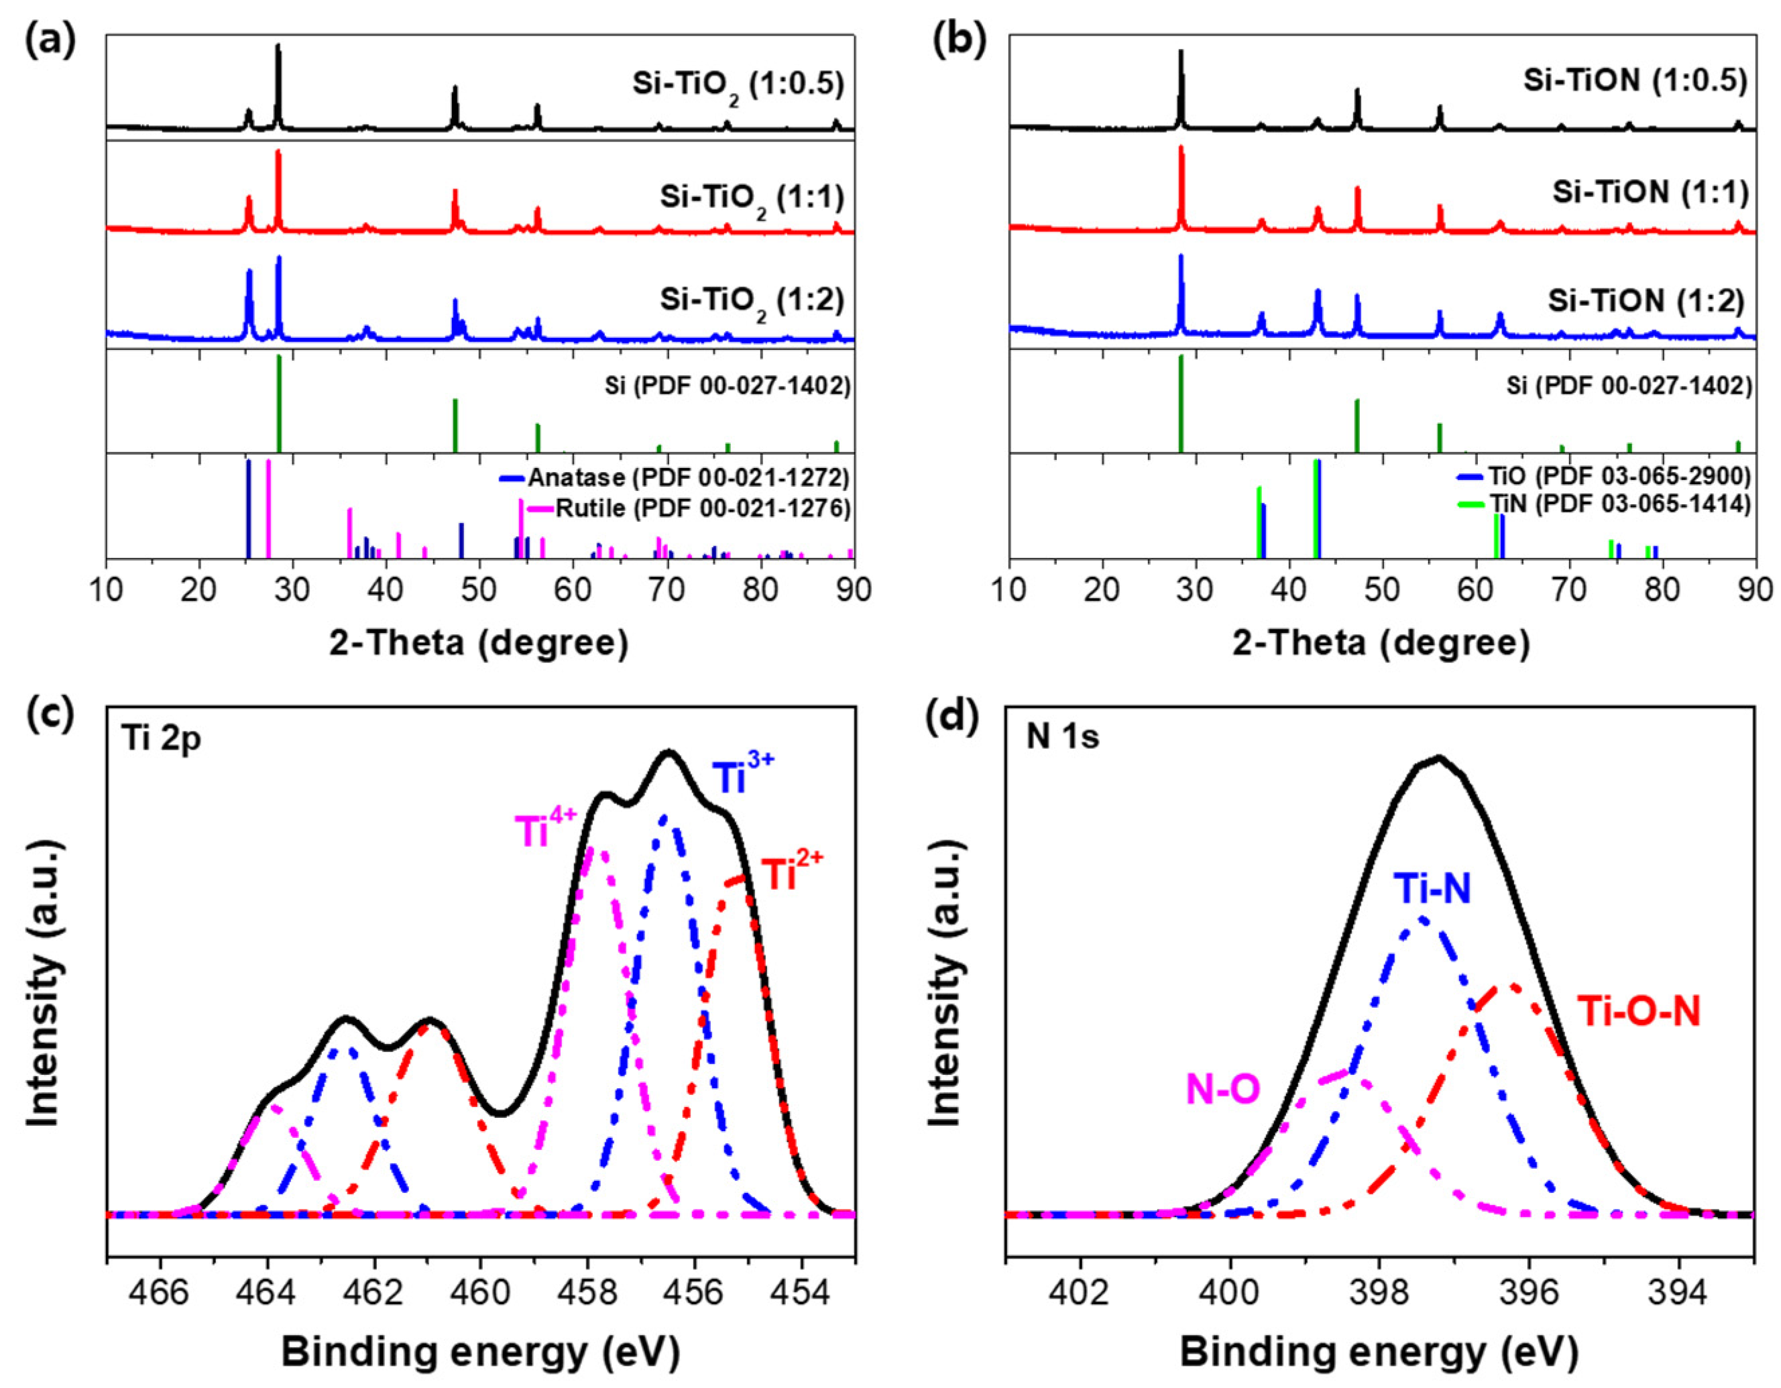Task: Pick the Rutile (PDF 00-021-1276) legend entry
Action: click(702, 509)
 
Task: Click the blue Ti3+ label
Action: click(742, 777)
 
